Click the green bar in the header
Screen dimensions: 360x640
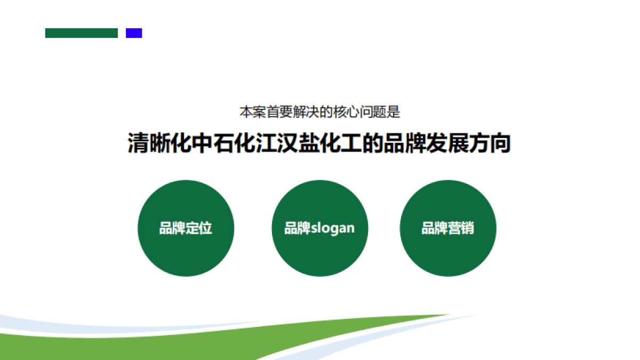[81, 33]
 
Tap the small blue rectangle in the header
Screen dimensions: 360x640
[134, 33]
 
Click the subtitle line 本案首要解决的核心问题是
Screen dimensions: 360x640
[319, 113]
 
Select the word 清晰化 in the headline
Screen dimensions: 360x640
[159, 143]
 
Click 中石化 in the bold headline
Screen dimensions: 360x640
[223, 143]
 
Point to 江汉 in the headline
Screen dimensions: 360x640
[277, 143]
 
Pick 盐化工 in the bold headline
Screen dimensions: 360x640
[330, 143]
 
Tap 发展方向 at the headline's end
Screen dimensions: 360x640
[469, 143]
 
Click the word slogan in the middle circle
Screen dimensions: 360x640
[333, 228]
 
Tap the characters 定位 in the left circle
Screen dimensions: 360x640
[199, 228]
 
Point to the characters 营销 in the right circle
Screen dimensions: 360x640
[461, 228]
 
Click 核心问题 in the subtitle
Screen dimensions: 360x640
[359, 113]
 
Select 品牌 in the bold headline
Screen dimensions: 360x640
[405, 143]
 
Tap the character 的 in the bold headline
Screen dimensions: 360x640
[373, 143]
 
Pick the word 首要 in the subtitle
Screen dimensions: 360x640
[279, 113]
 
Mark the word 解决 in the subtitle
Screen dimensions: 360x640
[306, 113]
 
